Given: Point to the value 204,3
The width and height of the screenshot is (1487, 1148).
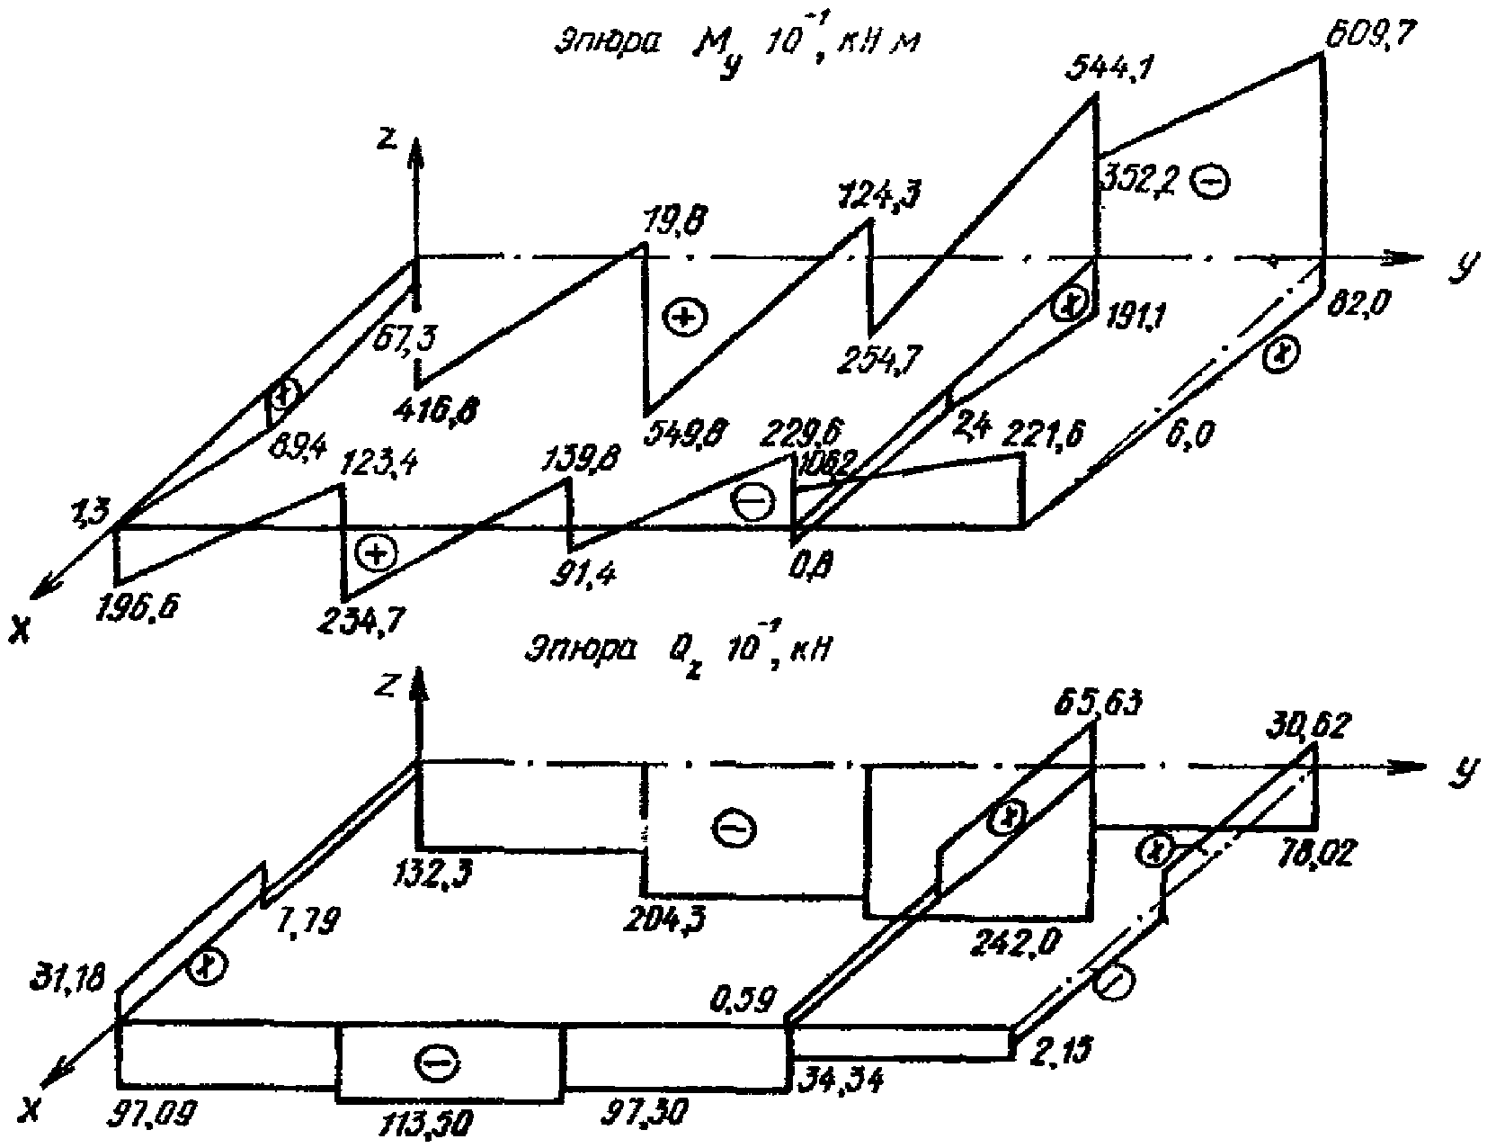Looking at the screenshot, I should click(x=670, y=919).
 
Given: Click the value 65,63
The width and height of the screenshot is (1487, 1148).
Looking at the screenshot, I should click(x=1100, y=702).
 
